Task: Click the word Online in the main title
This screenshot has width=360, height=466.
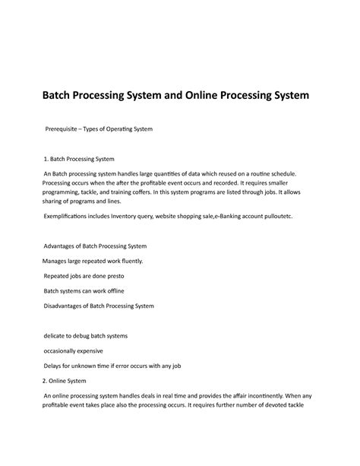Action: point(204,98)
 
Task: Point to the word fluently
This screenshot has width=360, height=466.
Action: point(148,261)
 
